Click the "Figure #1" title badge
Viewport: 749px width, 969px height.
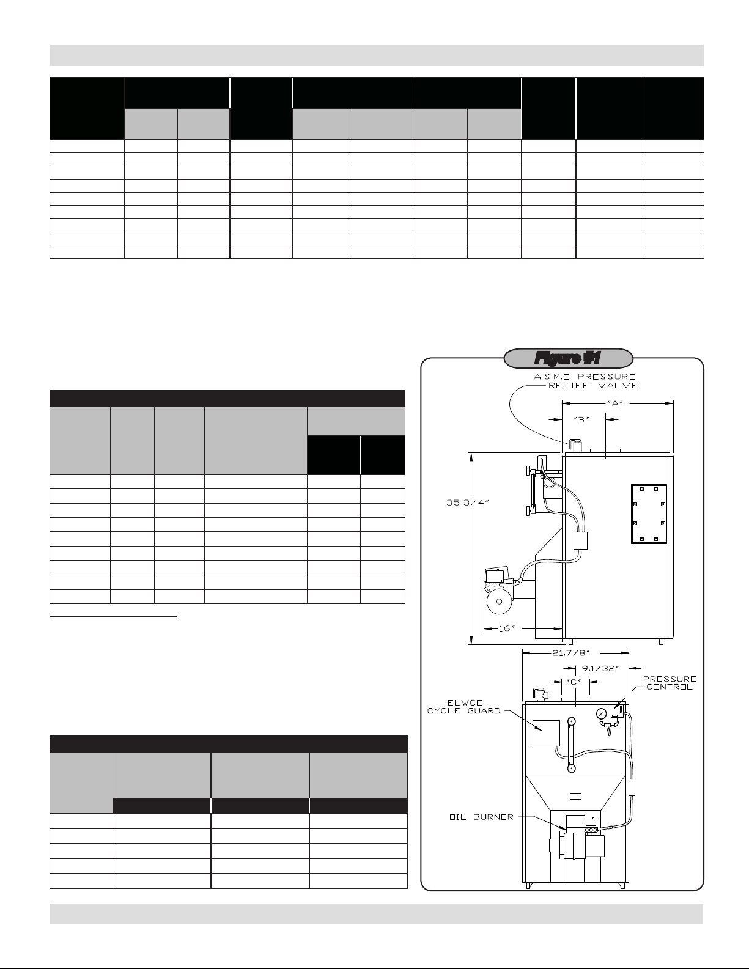coord(568,358)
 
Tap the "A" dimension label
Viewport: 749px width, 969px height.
coord(615,403)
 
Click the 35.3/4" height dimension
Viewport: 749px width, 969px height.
coord(468,503)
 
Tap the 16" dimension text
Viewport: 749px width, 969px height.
coord(506,628)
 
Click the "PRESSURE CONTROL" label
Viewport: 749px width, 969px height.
coord(669,683)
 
